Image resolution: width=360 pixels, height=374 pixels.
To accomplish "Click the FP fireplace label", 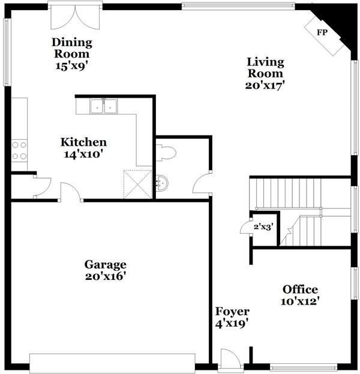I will pos(322,32).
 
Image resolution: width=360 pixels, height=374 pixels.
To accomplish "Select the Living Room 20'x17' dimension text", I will pos(265,85).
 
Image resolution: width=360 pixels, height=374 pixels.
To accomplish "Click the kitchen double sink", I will pos(104,107).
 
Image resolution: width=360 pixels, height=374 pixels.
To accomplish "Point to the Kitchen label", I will pos(83,142).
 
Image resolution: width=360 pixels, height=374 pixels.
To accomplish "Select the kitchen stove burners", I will pos(19,150).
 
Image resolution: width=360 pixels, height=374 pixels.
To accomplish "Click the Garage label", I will pos(105,264).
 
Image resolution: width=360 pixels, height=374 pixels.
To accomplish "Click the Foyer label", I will pos(232,312).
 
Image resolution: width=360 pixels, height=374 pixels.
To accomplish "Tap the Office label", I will pos(300,290).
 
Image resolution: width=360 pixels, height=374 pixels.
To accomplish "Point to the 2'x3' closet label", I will pos(263,228).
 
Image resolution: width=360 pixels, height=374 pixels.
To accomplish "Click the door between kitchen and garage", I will pos(71,193).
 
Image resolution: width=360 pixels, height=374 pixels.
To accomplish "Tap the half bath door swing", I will pos(202,182).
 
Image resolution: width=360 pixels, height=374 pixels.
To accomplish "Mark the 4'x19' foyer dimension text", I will pos(232,324).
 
